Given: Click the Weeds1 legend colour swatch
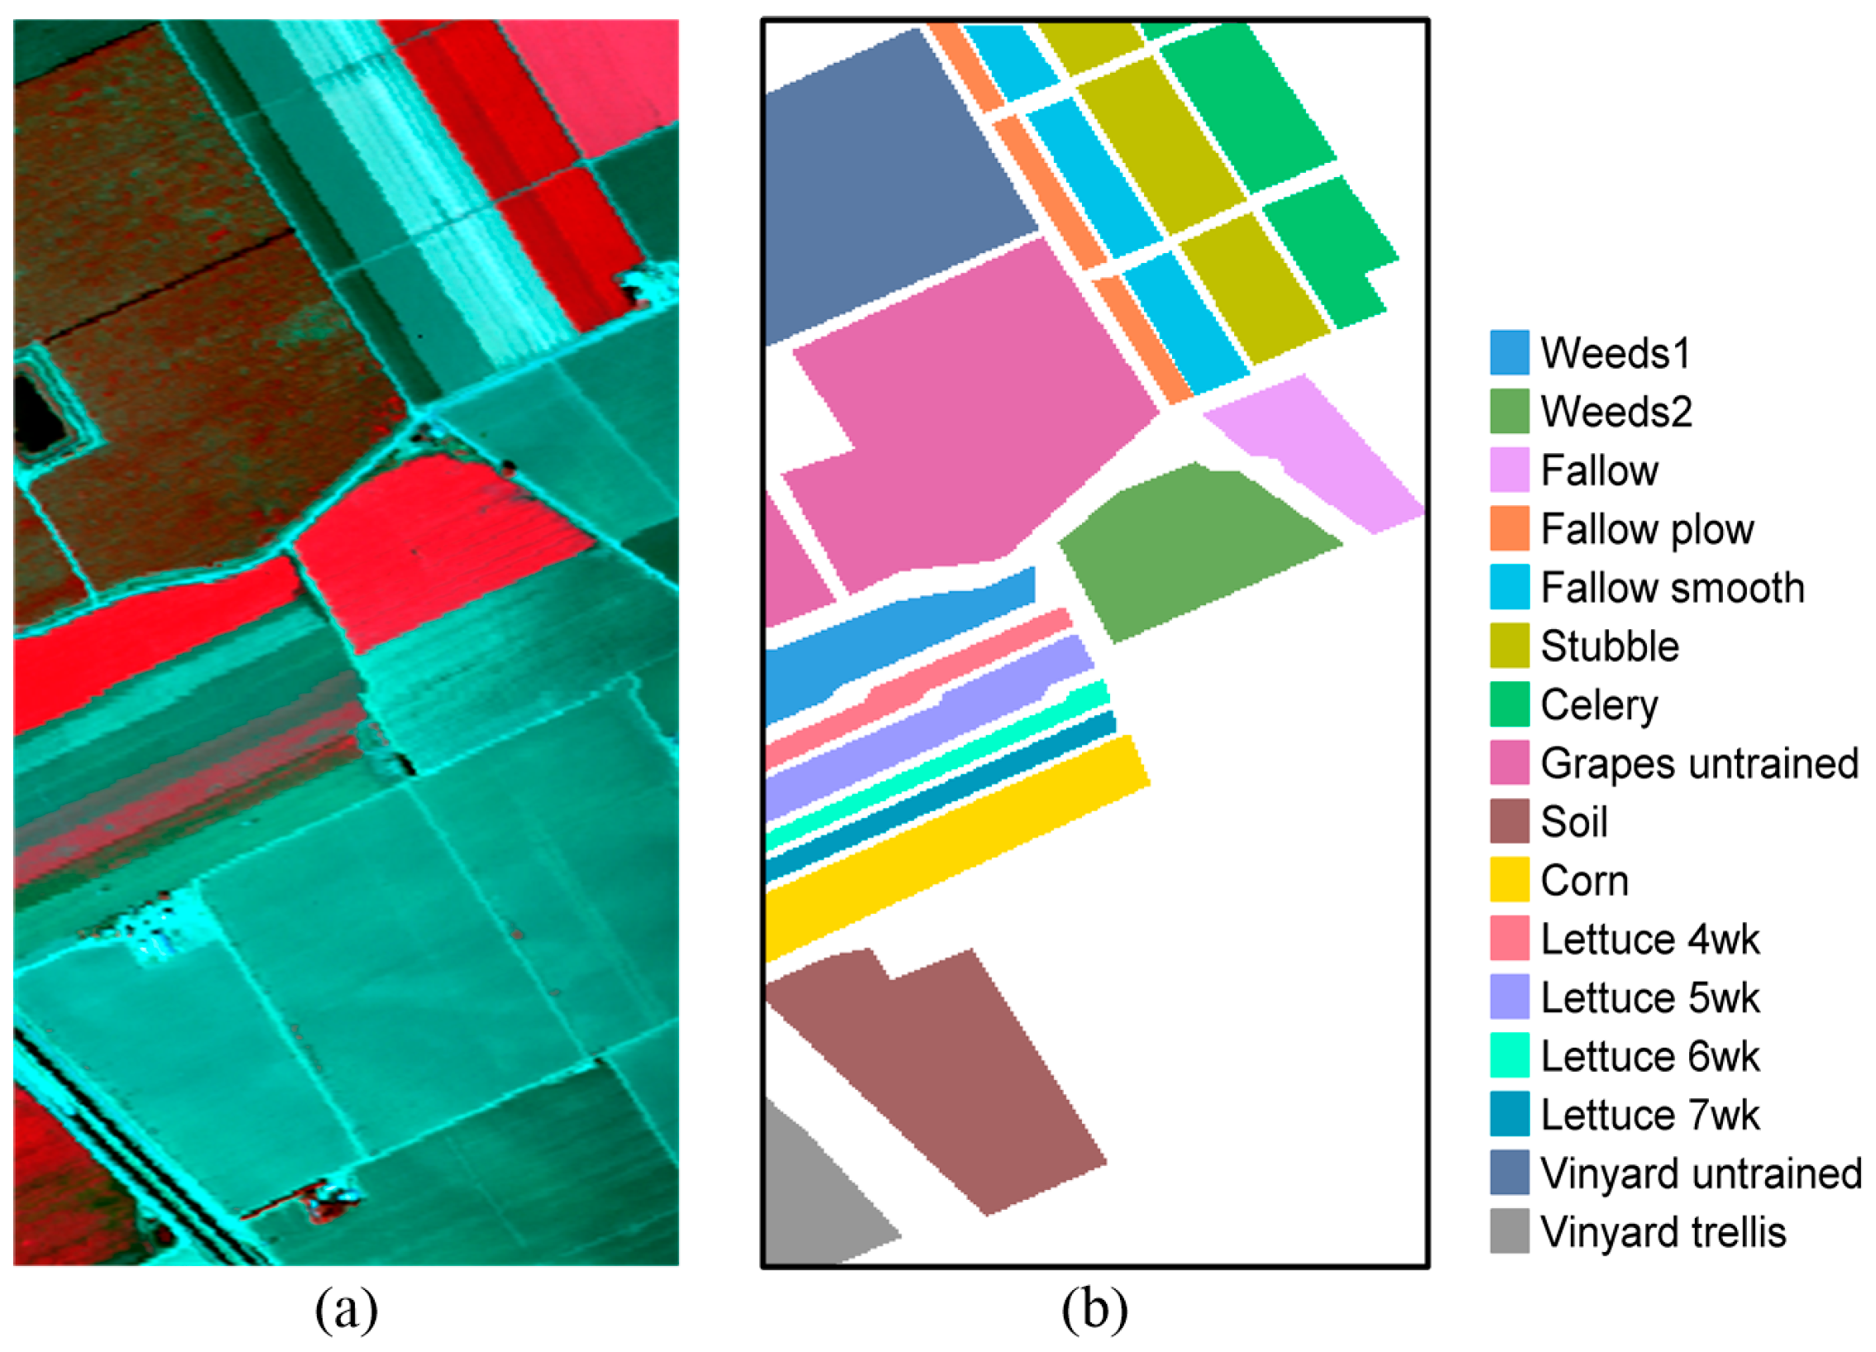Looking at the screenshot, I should [x=1509, y=353].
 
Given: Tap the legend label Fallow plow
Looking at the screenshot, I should [x=1646, y=529].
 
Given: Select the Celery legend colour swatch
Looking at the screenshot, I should [x=1509, y=705].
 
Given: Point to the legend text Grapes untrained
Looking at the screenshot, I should [x=1699, y=763].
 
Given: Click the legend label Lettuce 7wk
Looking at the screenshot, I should [x=1649, y=1115].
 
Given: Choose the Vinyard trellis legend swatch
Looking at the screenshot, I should [x=1509, y=1231].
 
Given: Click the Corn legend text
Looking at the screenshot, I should [x=1584, y=881].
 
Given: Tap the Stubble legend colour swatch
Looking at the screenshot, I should [x=1509, y=646].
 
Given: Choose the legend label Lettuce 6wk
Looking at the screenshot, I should [x=1649, y=1056].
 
